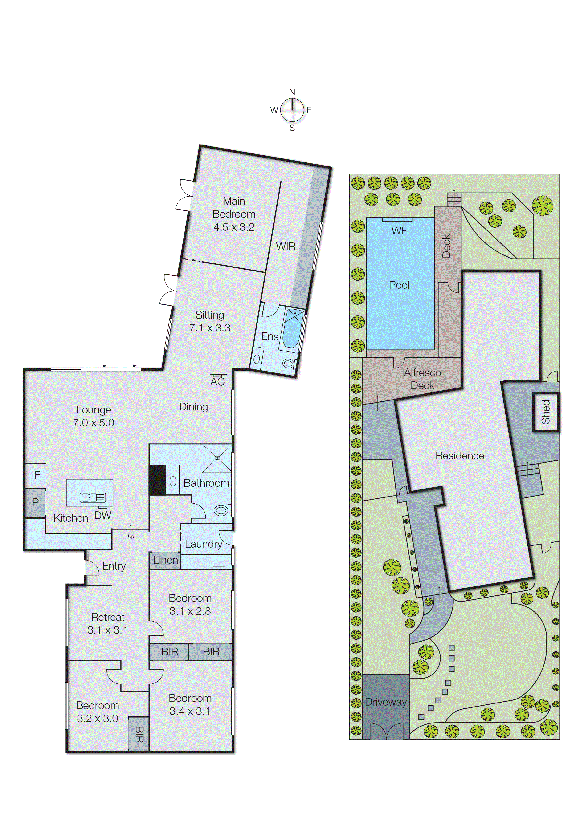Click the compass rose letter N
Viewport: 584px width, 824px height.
292,92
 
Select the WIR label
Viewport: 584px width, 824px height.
286,246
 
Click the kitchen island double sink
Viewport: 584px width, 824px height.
92,497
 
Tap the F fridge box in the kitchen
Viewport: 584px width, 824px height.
37,475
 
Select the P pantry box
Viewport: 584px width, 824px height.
35,502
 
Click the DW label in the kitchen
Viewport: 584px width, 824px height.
103,515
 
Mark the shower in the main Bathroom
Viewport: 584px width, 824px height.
216,458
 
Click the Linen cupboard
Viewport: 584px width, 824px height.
165,560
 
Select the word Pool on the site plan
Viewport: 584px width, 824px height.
399,285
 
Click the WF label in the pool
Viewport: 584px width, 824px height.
399,231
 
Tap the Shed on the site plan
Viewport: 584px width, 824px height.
546,412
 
